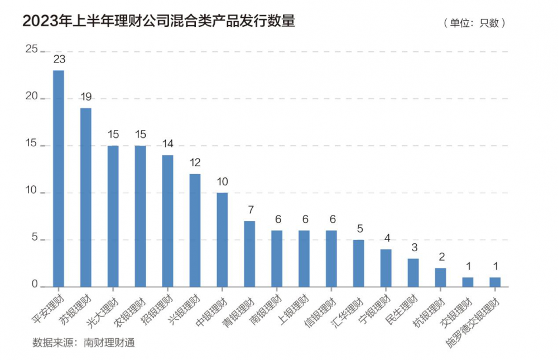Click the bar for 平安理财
pos(59,179)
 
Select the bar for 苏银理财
pos(86,197)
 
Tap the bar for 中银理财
pos(222,239)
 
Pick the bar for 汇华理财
pos(359,263)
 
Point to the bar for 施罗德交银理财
pos(495,282)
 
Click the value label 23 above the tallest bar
pos(59,59)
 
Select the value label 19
pos(86,97)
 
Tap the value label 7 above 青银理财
pos(249,210)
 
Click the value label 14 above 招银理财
pos(167,144)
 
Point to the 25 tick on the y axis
pos(31,50)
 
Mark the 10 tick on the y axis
pos(31,191)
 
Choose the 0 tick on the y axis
pos(34,285)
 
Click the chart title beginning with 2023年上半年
pos(158,21)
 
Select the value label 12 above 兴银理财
pos(195,162)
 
